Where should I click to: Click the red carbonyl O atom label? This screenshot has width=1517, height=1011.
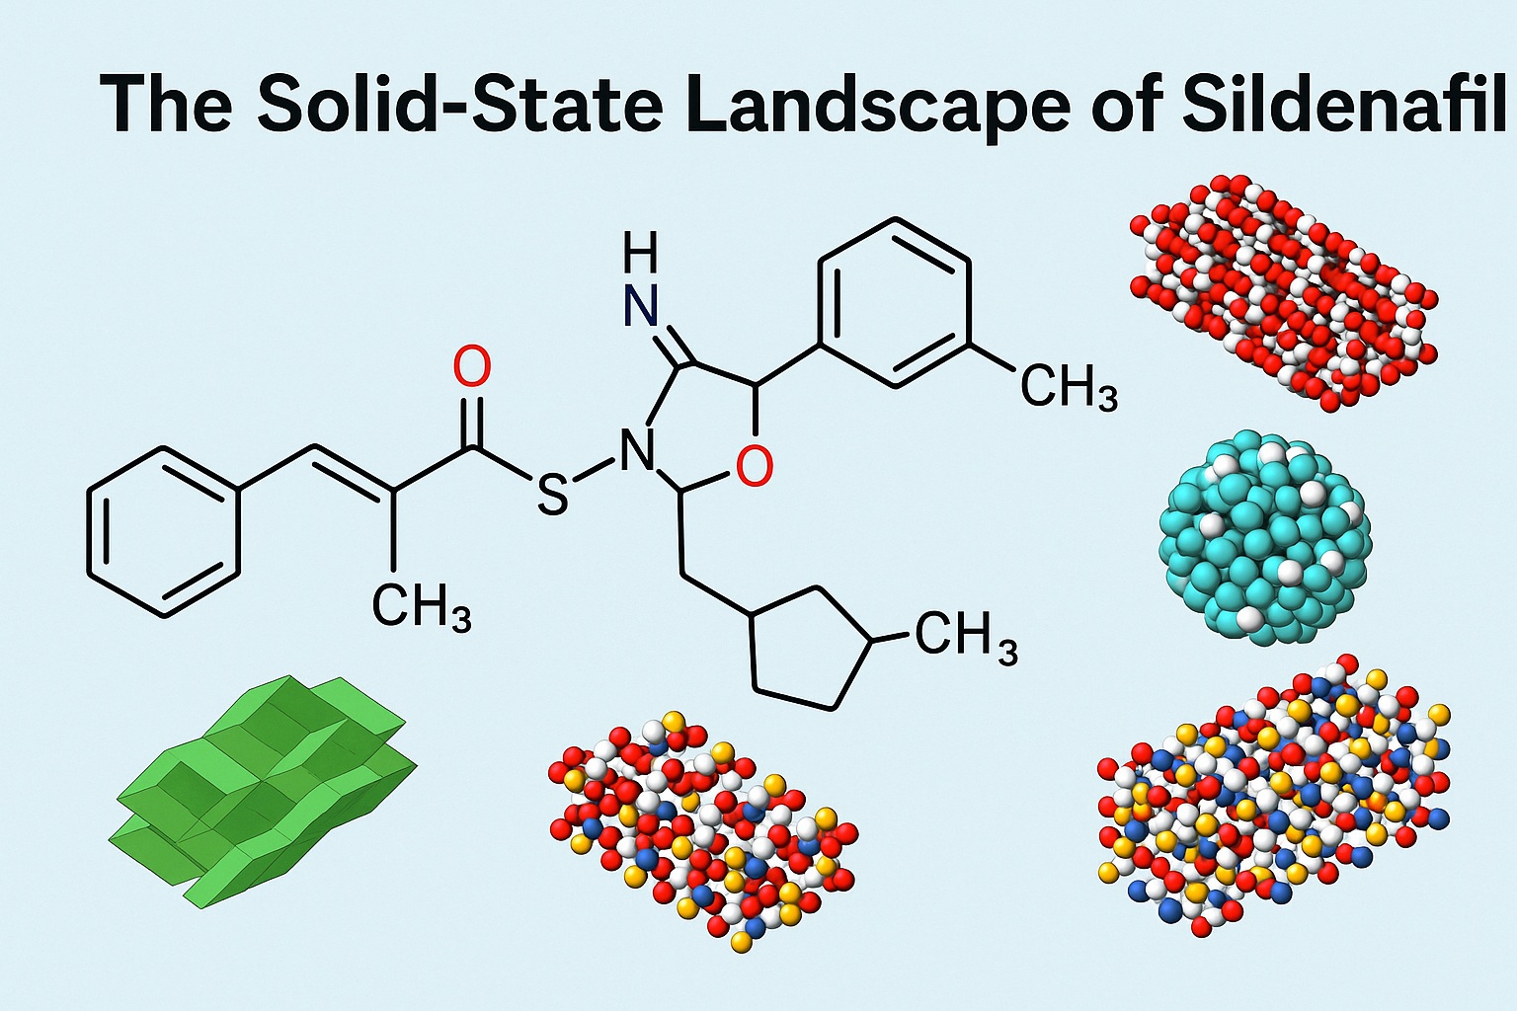[x=471, y=367]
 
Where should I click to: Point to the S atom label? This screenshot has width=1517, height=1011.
[x=552, y=494]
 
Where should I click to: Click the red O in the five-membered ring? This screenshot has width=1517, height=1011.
[x=754, y=466]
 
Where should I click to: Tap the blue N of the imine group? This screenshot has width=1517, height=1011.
[x=641, y=308]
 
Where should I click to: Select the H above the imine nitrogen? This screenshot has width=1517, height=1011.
[x=641, y=255]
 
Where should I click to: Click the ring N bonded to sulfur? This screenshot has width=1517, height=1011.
[x=635, y=453]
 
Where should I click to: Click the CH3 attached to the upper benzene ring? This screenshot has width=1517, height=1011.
[x=1068, y=387]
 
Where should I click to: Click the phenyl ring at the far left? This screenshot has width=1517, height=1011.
[x=164, y=531]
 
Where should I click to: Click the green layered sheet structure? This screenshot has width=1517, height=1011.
[x=262, y=790]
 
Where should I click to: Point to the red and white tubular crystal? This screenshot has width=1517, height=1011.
[x=1284, y=291]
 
